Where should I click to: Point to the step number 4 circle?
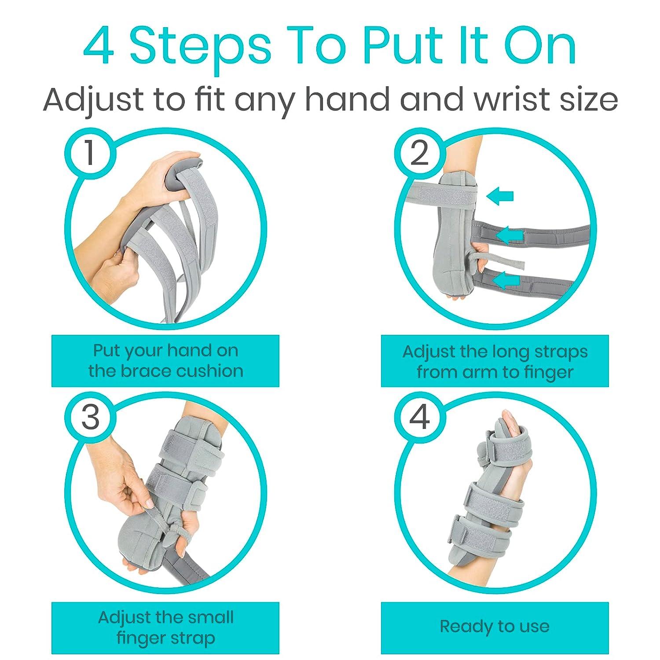(x=419, y=417)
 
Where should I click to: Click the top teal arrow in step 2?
(x=500, y=196)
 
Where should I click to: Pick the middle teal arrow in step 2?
(x=510, y=235)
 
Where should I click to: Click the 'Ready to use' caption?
(x=495, y=627)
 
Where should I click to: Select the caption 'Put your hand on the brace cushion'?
(x=165, y=361)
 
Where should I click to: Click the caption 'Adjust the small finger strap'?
(x=165, y=627)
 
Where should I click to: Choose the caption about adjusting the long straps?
(x=495, y=362)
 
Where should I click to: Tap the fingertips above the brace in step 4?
(x=506, y=422)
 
